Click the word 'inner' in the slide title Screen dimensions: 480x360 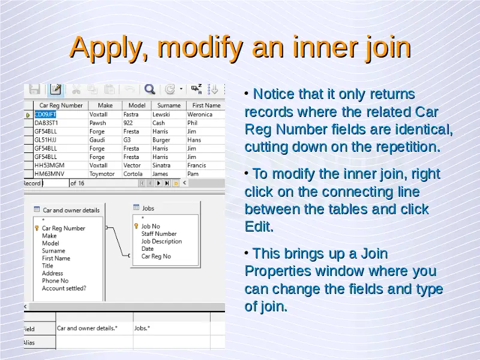pyautogui.click(x=325, y=47)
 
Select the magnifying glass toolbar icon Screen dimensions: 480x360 pyautogui.click(x=149, y=89)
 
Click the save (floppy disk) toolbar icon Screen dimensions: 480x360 pyautogui.click(x=35, y=89)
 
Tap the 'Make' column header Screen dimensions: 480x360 pyautogui.click(x=106, y=106)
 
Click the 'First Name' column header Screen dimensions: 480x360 pyautogui.click(x=206, y=106)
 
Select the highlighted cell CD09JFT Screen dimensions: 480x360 pyautogui.click(x=46, y=115)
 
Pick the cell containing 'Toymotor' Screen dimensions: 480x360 pyautogui.click(x=102, y=174)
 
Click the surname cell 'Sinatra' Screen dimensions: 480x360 pyautogui.click(x=161, y=166)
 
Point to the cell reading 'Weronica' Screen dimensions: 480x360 pyautogui.click(x=200, y=115)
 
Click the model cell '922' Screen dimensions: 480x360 pyautogui.click(x=128, y=123)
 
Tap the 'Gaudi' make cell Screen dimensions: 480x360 pyautogui.click(x=97, y=140)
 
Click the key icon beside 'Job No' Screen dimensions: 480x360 pyautogui.click(x=136, y=226)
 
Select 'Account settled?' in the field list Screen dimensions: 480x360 pyautogui.click(x=64, y=289)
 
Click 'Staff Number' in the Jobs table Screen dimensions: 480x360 pyautogui.click(x=159, y=234)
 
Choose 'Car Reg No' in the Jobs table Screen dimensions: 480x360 pyautogui.click(x=156, y=256)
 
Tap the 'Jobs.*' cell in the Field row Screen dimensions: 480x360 pyautogui.click(x=142, y=328)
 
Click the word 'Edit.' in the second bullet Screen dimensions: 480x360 pyautogui.click(x=259, y=227)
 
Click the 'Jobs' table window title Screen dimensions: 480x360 pyautogui.click(x=148, y=208)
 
